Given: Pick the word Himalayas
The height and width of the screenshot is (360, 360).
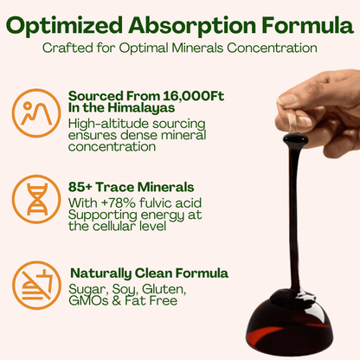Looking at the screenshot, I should pos(133,108).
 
